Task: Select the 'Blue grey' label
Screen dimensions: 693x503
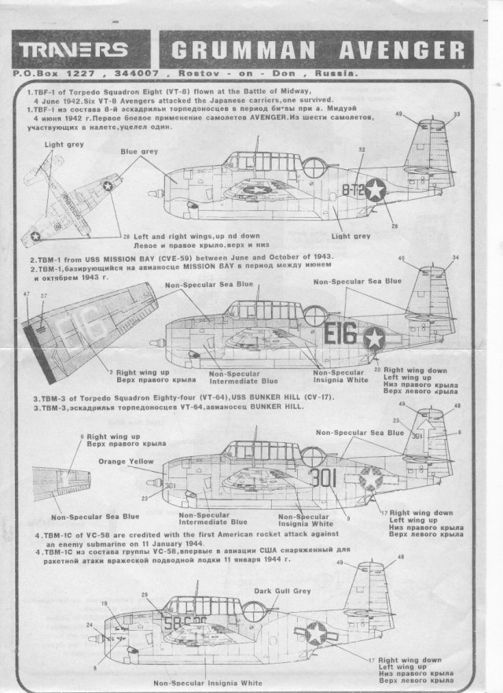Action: click(x=138, y=149)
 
